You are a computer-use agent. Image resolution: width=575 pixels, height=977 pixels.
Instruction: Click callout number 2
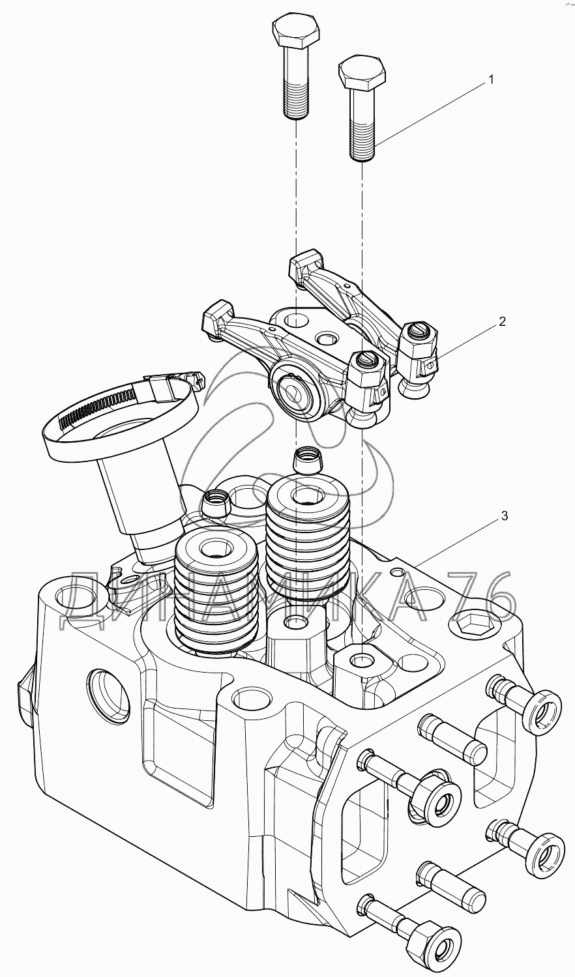[x=501, y=321]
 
